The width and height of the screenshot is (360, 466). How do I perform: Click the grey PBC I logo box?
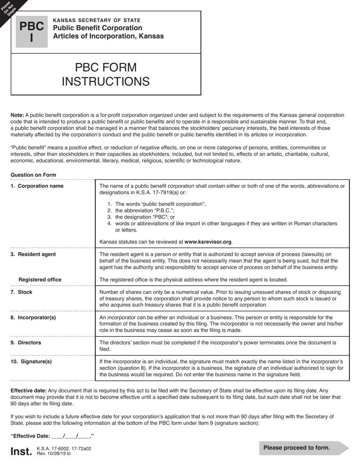(31, 32)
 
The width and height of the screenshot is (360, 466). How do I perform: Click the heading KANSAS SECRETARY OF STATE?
(97, 20)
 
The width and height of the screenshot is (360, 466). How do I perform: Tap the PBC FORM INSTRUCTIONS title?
(105, 74)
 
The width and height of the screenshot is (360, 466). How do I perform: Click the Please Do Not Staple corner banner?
(9, 8)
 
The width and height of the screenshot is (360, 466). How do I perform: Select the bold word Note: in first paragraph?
(17, 115)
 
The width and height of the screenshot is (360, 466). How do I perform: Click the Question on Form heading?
(33, 175)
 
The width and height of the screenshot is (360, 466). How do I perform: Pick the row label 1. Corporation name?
(37, 186)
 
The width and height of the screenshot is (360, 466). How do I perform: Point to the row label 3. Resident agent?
(33, 254)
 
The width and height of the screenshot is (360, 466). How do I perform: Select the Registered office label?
(40, 280)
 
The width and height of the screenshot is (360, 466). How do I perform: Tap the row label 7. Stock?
(21, 292)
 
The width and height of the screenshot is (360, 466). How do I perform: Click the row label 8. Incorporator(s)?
(33, 317)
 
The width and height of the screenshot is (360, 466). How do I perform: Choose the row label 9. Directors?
(26, 342)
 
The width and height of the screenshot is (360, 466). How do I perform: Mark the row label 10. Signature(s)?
(31, 361)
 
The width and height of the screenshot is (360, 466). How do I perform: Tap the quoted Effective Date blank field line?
(52, 436)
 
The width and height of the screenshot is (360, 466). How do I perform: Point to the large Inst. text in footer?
(21, 451)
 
